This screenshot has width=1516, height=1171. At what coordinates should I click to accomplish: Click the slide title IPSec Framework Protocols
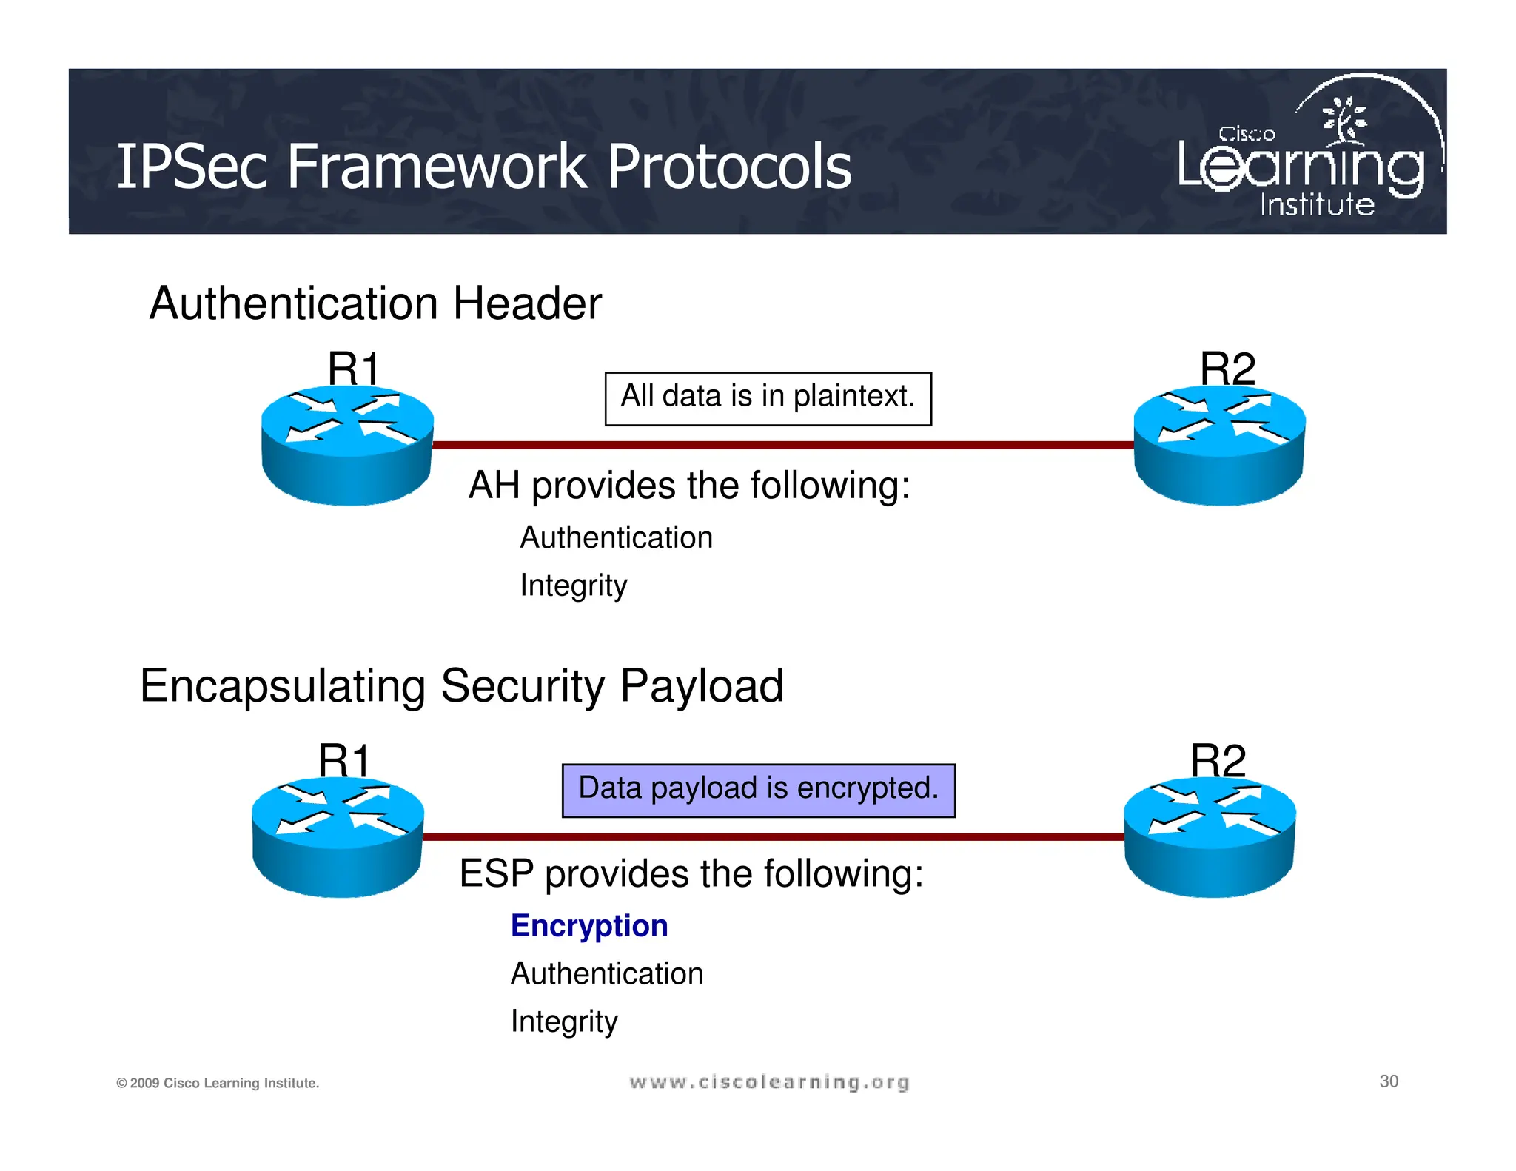tap(484, 167)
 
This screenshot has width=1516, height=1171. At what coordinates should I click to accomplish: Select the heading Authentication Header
tap(375, 303)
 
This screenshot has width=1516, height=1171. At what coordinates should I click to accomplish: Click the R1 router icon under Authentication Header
tap(347, 446)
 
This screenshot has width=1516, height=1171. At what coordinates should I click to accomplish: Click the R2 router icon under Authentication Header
tap(1219, 446)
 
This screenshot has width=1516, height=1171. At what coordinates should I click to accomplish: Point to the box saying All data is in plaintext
tap(768, 398)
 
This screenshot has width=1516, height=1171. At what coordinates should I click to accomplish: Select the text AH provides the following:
tap(689, 486)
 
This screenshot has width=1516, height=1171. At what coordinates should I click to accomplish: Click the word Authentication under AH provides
tap(616, 537)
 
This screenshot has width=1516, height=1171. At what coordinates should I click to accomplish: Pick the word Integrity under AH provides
tap(573, 585)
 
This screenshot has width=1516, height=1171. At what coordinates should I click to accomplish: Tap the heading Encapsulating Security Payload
tap(461, 685)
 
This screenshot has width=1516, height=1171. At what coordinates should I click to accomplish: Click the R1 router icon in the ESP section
tap(338, 837)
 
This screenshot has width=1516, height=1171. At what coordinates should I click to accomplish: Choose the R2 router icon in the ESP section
tap(1210, 837)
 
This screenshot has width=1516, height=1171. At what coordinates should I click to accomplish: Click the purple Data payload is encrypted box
tap(758, 790)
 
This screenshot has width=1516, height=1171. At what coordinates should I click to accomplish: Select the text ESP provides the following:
tap(691, 873)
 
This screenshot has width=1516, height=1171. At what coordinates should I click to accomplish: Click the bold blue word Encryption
tap(589, 926)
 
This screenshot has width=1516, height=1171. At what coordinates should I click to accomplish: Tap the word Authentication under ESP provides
tap(607, 973)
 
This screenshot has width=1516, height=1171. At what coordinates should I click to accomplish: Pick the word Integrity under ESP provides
tap(564, 1021)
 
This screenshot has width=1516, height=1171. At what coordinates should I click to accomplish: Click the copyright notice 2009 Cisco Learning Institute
tap(218, 1083)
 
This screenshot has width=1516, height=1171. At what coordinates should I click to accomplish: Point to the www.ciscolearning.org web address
tap(769, 1082)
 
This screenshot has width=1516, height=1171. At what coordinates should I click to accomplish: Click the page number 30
tap(1389, 1081)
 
